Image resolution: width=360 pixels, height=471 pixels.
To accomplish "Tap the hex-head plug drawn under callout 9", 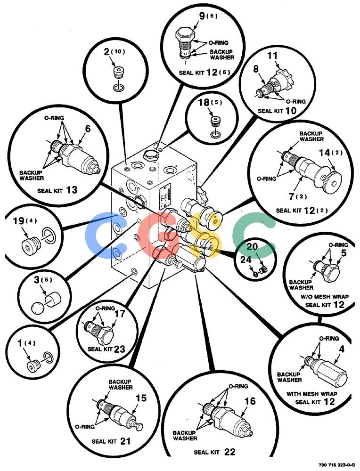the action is click(185, 43).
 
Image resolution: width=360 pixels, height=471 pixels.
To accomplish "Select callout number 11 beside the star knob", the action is click(272, 56).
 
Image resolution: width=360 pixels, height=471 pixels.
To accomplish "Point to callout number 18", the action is click(204, 102).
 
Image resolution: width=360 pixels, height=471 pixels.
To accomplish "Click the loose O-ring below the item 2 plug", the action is click(119, 89).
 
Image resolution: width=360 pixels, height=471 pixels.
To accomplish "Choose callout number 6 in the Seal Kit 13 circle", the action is click(88, 129).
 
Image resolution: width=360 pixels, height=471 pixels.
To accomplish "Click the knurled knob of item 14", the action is click(334, 179).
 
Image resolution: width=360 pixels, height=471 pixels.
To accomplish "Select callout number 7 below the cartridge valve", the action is click(291, 197).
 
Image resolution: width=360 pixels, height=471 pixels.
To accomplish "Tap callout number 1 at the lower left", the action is click(20, 343).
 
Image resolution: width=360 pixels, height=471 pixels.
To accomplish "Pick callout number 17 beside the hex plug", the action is click(120, 313).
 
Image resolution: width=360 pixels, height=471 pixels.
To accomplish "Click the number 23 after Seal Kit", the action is click(119, 349).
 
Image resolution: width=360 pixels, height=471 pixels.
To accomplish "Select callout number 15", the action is click(140, 398).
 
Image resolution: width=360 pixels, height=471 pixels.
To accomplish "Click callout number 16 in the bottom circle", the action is click(250, 401).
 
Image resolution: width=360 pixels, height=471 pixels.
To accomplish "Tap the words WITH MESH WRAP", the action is click(311, 394).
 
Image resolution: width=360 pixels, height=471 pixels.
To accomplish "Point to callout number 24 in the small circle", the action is click(245, 260).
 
